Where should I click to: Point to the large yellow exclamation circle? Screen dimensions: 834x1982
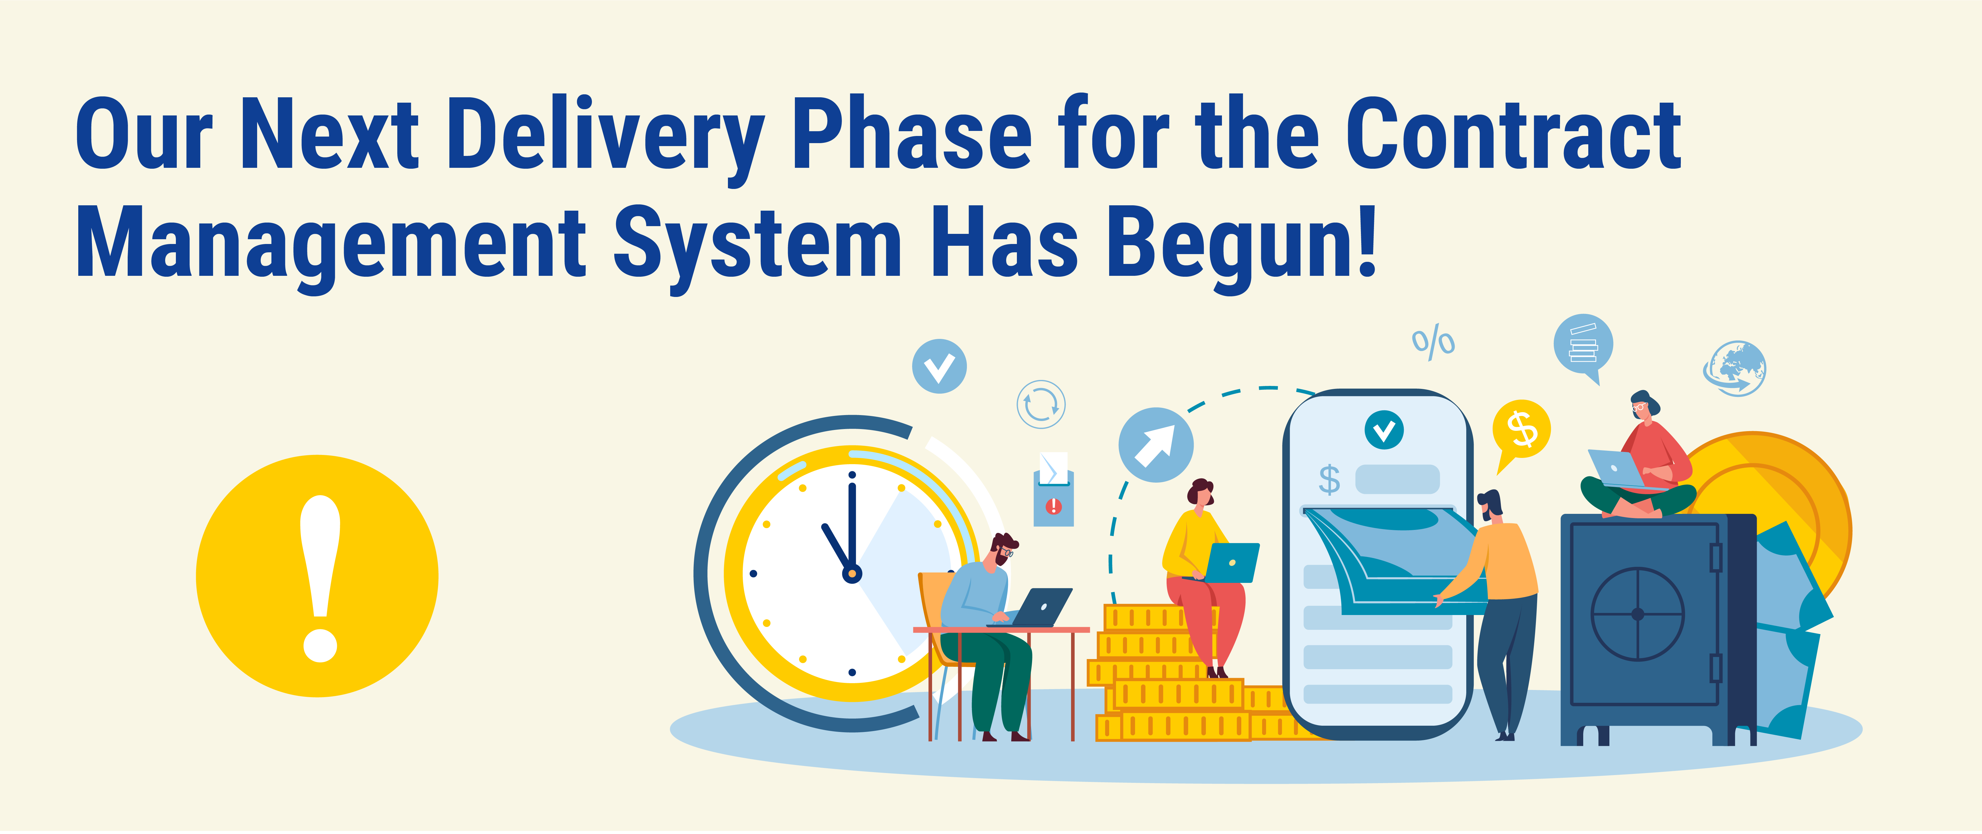coord(317,576)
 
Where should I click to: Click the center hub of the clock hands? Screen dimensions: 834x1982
coord(852,573)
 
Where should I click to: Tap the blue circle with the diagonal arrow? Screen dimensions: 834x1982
coord(1156,445)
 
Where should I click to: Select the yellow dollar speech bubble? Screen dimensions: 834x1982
coord(1521,429)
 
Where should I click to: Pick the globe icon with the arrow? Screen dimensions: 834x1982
coord(1735,369)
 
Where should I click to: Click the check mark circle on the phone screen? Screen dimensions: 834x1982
coord(1384,429)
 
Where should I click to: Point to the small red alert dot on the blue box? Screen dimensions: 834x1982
coord(1053,506)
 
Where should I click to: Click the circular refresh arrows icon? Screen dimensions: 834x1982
coord(1041,404)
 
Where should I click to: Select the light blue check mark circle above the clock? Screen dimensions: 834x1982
coord(940,366)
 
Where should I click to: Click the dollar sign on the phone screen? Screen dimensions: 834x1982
coord(1329,479)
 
